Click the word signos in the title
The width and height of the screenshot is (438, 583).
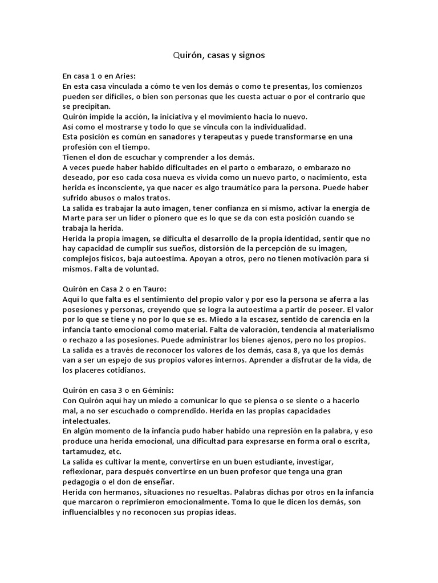coord(252,55)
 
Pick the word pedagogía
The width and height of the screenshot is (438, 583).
coord(88,482)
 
